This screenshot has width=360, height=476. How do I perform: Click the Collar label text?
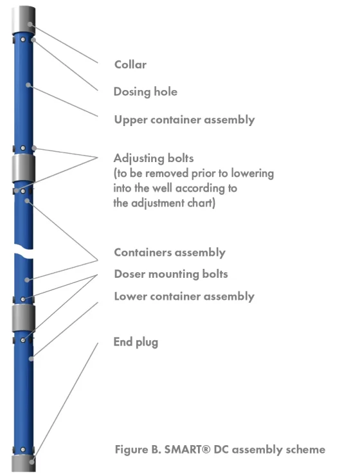[x=130, y=64]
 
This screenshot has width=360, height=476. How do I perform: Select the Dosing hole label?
[x=145, y=92]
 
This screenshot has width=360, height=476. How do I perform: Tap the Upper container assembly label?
[x=184, y=120]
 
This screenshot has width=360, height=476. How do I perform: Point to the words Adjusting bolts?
[x=154, y=158]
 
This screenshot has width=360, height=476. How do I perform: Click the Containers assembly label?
[x=170, y=253]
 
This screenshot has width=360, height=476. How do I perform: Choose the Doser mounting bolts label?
[x=171, y=274]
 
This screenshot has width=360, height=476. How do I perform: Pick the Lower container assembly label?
[x=184, y=297]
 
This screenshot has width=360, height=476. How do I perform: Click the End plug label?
[x=136, y=342]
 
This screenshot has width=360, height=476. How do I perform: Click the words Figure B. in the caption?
[x=138, y=449]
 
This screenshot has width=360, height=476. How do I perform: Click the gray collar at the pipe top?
[x=24, y=20]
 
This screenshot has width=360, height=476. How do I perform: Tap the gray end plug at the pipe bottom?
[x=24, y=464]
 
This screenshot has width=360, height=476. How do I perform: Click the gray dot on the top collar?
[x=30, y=24]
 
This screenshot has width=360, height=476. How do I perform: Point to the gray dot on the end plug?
[x=32, y=461]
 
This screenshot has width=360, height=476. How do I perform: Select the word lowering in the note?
[x=253, y=173]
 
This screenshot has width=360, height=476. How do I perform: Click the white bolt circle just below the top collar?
[x=23, y=39]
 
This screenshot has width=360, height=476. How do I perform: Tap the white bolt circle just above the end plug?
[x=23, y=449]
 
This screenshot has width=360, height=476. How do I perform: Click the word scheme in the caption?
[x=305, y=449]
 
